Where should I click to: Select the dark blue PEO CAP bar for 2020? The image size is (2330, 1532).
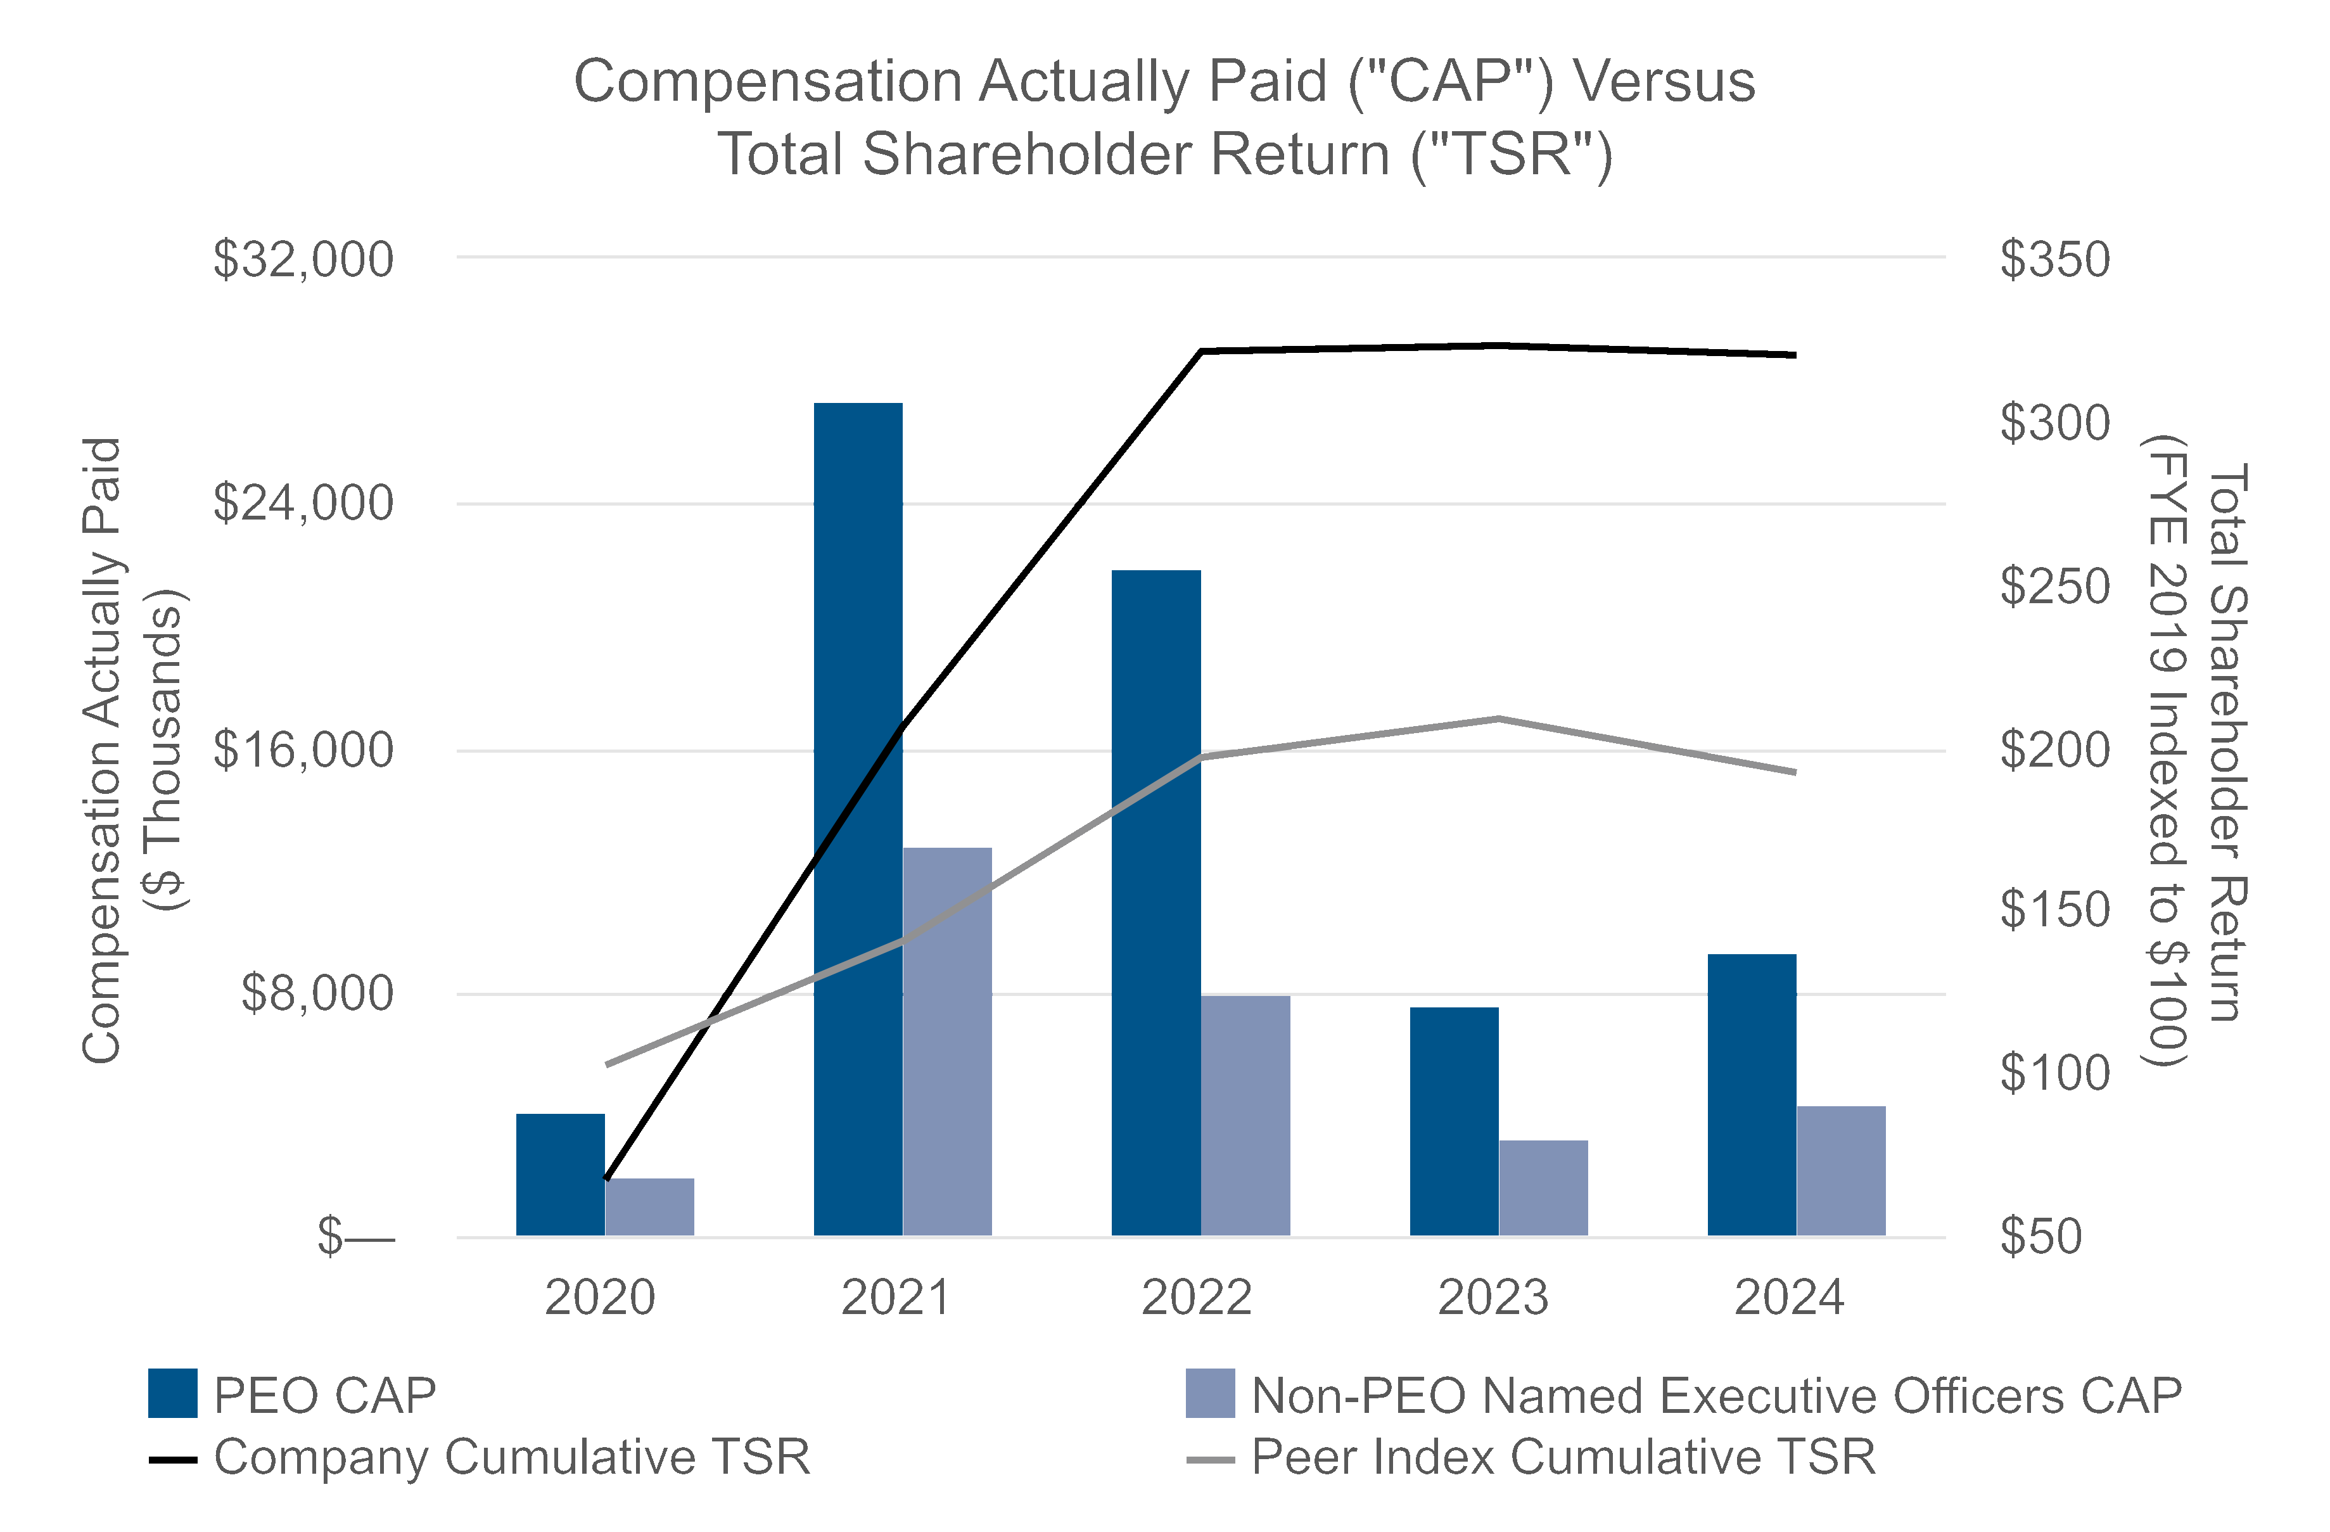pos(560,1175)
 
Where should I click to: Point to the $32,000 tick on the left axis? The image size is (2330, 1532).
pos(303,259)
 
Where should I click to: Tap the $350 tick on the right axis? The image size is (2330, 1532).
pos(2054,259)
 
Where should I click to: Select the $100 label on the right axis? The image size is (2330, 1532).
pos(2054,1074)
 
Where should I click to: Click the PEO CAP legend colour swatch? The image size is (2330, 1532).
pos(172,1393)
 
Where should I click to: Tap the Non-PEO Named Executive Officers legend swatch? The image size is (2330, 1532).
pos(1209,1393)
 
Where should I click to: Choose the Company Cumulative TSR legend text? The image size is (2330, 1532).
pos(512,1457)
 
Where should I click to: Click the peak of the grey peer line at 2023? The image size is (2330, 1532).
pos(1498,718)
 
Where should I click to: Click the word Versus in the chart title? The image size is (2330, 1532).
pos(1664,80)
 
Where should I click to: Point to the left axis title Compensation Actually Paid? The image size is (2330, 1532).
pos(102,750)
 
